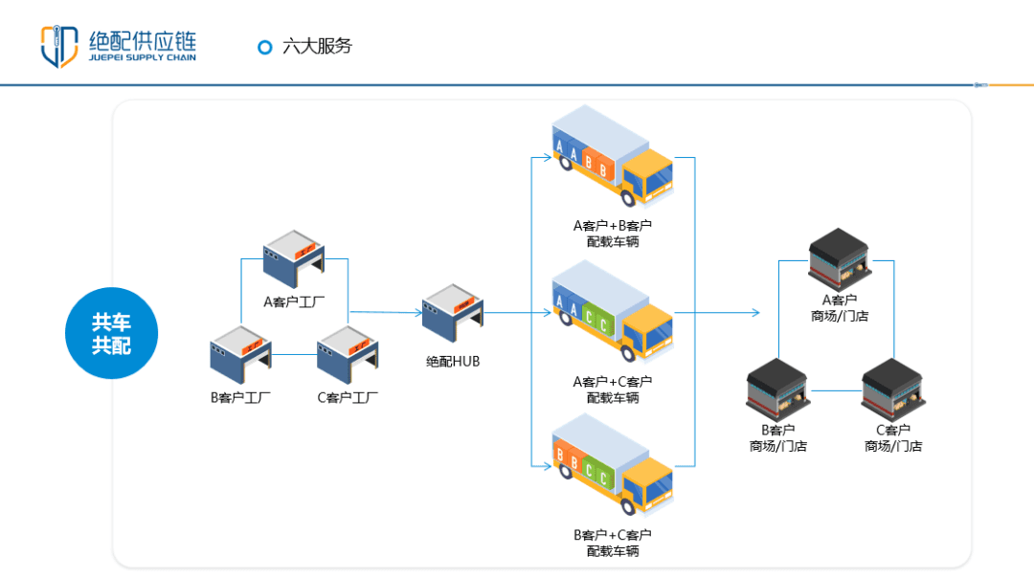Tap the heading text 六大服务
click(318, 46)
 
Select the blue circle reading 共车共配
click(111, 333)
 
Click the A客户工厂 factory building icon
click(294, 259)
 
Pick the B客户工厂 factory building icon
click(240, 356)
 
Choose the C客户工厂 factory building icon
click(348, 356)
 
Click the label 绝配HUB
click(453, 362)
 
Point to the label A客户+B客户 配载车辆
click(613, 233)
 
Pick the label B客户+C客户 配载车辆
click(613, 543)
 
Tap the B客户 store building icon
click(777, 389)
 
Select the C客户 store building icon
click(893, 389)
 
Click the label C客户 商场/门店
click(893, 438)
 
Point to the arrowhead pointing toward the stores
click(755, 313)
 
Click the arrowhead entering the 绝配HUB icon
click(417, 311)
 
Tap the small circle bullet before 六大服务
click(265, 47)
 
